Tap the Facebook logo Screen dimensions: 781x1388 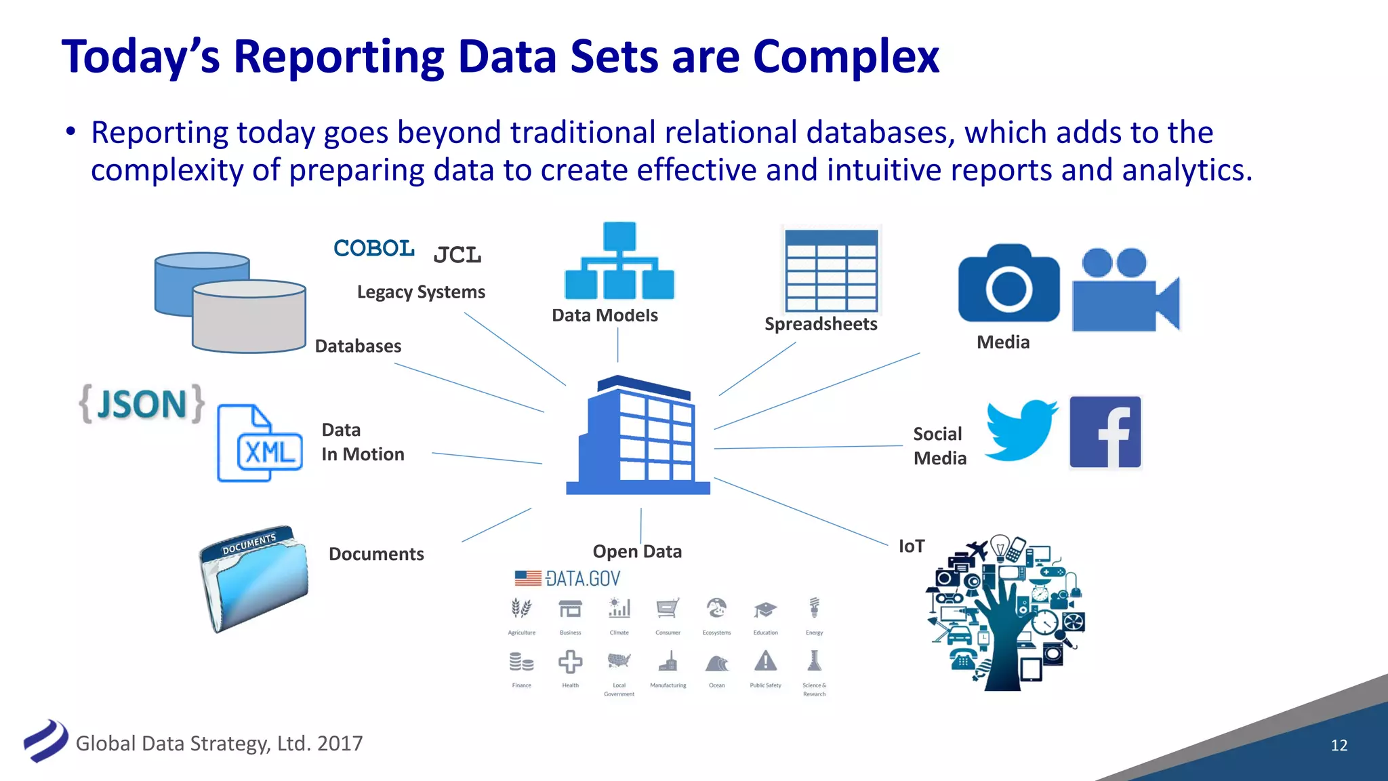point(1105,433)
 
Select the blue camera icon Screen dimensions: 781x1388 point(1008,284)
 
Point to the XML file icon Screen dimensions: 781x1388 point(260,443)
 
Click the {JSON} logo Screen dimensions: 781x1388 point(142,404)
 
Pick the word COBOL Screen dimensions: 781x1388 point(374,248)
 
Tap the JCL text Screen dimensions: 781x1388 point(457,255)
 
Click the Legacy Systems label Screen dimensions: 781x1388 point(421,292)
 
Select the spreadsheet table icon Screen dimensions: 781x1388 point(832,271)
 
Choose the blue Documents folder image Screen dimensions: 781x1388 point(254,578)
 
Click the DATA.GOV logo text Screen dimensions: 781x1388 point(582,578)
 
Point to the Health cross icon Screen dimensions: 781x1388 point(570,662)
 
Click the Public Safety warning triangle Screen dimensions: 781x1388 point(765,661)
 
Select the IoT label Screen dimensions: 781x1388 point(912,546)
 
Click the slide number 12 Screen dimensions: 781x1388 point(1339,745)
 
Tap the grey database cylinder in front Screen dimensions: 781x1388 point(249,317)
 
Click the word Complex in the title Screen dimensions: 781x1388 point(846,56)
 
